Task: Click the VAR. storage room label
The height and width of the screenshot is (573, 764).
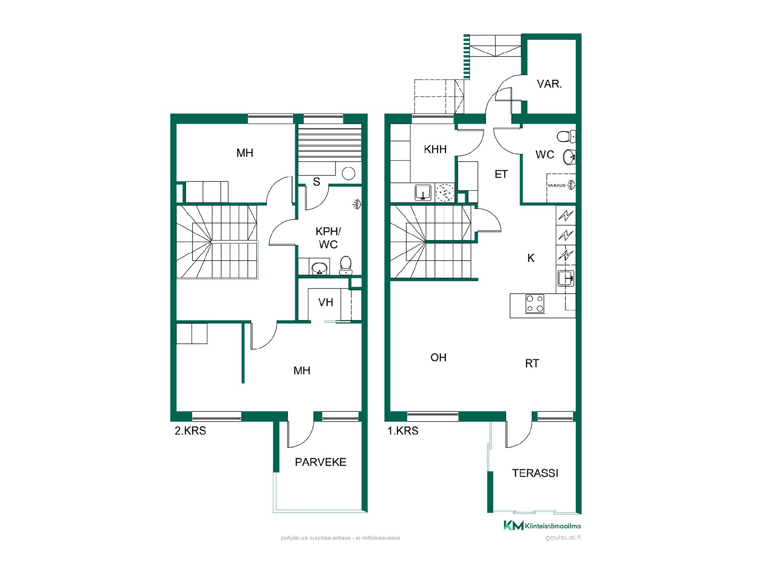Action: [549, 84]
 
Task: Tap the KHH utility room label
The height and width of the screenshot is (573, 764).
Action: [435, 149]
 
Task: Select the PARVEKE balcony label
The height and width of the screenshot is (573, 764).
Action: [321, 462]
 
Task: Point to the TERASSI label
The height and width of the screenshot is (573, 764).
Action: [535, 473]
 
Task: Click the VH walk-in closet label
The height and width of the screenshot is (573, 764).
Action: [325, 302]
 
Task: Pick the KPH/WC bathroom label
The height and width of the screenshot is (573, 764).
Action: [328, 238]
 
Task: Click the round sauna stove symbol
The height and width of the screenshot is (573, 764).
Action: [349, 173]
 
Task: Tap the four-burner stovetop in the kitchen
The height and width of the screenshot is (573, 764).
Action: [535, 303]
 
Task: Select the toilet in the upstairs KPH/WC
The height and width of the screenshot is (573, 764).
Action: [346, 265]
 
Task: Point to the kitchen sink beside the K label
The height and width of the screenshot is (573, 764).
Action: [565, 278]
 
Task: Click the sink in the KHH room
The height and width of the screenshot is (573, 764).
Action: [423, 193]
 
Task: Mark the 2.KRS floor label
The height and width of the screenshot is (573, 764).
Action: [190, 431]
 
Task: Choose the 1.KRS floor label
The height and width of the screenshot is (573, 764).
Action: [403, 431]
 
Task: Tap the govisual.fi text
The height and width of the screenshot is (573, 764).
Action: [563, 537]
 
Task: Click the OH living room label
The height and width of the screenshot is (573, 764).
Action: [439, 357]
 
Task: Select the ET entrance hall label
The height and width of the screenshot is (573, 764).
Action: [501, 174]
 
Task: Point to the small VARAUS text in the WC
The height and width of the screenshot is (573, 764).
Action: [557, 186]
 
